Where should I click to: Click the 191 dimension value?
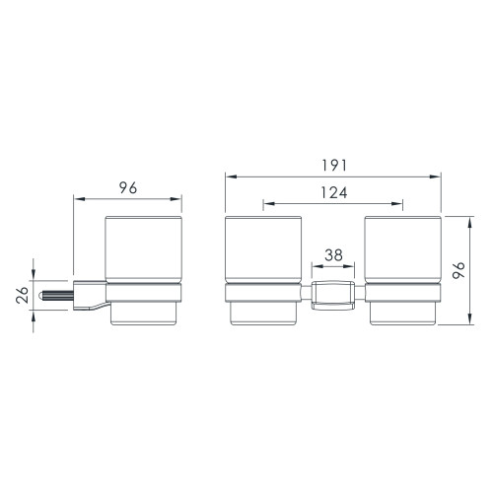pyautogui.click(x=334, y=166)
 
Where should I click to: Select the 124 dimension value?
pyautogui.click(x=334, y=193)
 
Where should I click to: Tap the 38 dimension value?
pyautogui.click(x=333, y=255)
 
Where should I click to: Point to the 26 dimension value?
pyautogui.click(x=23, y=295)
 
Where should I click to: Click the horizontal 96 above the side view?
pyautogui.click(x=128, y=188)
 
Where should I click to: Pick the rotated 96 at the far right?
pyautogui.click(x=458, y=270)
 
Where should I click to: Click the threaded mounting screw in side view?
pyautogui.click(x=55, y=296)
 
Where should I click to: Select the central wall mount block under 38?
pyautogui.click(x=333, y=295)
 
